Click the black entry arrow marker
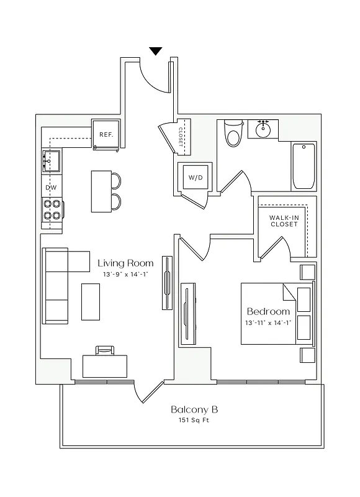tap(156, 51)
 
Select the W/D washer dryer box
tap(196, 178)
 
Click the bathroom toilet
tap(233, 132)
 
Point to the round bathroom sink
tap(263, 130)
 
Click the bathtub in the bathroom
tap(304, 166)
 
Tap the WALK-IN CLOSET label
tap(284, 221)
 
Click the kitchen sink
tap(51, 161)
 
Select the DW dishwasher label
tap(51, 187)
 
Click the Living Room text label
tap(125, 263)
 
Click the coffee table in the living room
tap(91, 303)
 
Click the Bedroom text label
tap(268, 311)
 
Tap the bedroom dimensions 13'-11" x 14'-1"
tap(268, 322)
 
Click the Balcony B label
tap(194, 410)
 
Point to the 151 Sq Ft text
tap(194, 421)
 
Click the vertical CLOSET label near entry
tap(181, 136)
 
